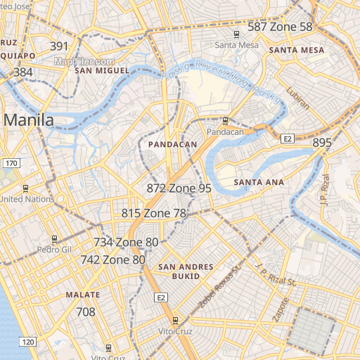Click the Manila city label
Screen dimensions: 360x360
click(29, 120)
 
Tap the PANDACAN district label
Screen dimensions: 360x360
click(172, 144)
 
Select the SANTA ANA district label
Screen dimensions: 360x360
click(259, 183)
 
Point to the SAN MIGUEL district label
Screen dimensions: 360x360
click(103, 71)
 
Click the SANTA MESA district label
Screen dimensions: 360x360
click(297, 51)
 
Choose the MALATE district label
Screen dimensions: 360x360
click(82, 295)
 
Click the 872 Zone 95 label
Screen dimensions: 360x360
click(179, 188)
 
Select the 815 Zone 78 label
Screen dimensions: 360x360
click(154, 213)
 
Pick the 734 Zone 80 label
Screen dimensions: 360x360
click(126, 243)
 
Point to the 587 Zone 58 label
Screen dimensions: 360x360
click(280, 27)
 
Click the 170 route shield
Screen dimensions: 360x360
click(10, 163)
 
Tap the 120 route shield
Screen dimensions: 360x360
click(27, 342)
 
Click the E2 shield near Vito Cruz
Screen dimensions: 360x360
click(162, 298)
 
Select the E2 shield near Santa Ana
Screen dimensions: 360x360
click(287, 139)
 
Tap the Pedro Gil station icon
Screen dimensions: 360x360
click(55, 239)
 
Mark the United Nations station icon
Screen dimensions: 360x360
click(26, 188)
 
